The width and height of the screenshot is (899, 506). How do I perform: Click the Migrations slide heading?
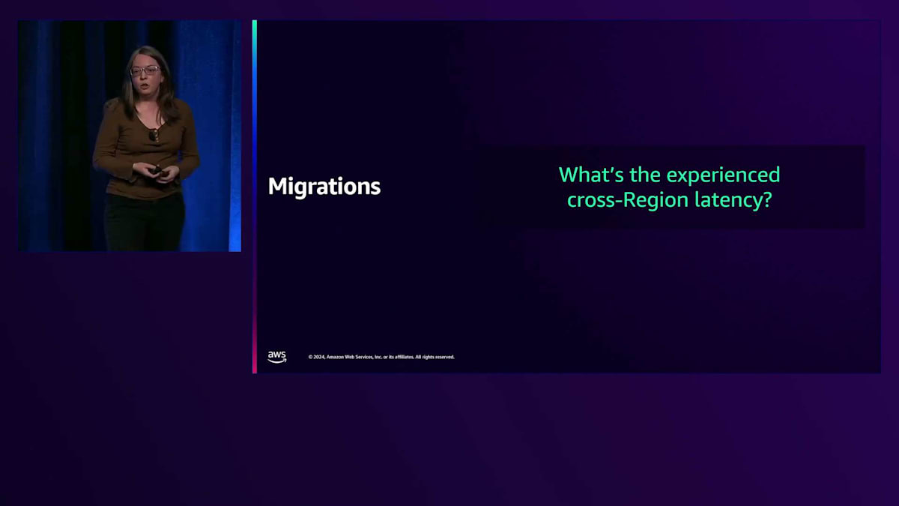[x=324, y=187]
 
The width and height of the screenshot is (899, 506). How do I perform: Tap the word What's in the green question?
[x=591, y=175]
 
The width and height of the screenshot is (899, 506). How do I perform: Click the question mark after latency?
[x=766, y=199]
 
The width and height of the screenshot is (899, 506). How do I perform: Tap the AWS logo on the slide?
[x=277, y=357]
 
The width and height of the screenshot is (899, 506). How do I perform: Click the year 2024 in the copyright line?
[x=319, y=357]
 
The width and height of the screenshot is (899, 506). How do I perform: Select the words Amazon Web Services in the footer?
[x=350, y=357]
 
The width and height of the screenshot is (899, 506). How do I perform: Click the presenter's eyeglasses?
[x=145, y=70]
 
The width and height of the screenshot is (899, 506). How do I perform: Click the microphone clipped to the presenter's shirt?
[x=154, y=135]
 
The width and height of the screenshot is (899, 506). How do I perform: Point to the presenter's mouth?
[x=145, y=86]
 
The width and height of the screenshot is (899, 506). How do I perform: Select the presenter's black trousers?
[x=145, y=222]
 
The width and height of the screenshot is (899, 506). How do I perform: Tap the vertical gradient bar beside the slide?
[x=255, y=196]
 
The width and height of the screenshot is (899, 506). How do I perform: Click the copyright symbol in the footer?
[x=310, y=357]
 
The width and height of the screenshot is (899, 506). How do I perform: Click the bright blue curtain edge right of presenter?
[x=235, y=136]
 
